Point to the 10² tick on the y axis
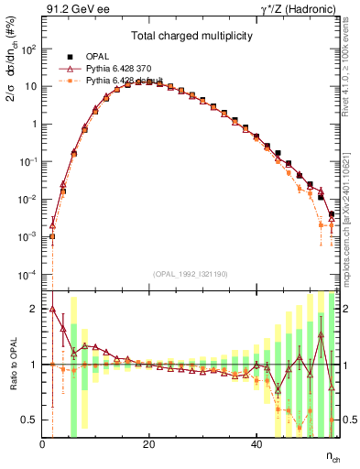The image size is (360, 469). tap(27, 49)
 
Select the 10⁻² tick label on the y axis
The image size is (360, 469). tap(27, 200)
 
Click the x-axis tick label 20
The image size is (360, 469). tap(149, 443)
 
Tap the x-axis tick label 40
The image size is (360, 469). tap(256, 443)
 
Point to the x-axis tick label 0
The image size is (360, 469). tap(42, 443)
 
